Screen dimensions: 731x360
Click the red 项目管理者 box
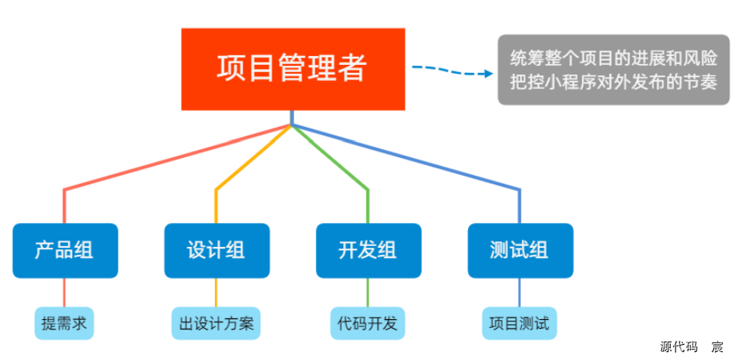click(x=293, y=69)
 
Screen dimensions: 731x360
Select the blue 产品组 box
click(x=65, y=251)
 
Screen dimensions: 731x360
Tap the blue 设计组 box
click(x=216, y=251)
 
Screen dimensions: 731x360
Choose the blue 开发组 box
click(x=369, y=251)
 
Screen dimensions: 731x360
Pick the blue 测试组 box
click(x=520, y=251)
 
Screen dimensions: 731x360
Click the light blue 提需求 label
click(x=64, y=323)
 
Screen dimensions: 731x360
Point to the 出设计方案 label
click(x=216, y=323)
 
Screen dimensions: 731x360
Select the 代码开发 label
click(x=368, y=323)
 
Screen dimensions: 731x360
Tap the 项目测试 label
click(x=519, y=323)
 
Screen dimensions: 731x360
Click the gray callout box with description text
click(x=613, y=70)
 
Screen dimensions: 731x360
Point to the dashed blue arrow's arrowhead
click(x=489, y=73)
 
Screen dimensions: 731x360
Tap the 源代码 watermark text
click(x=679, y=347)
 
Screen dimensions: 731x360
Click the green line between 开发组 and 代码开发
click(x=368, y=293)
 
